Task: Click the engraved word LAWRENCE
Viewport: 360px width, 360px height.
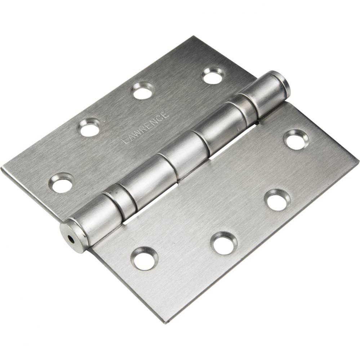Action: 145,128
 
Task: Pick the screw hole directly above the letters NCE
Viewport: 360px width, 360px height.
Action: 143,91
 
